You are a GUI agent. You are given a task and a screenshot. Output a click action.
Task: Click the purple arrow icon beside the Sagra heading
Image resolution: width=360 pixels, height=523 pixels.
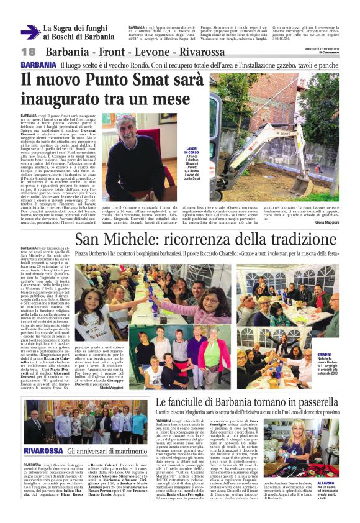pyautogui.click(x=30, y=33)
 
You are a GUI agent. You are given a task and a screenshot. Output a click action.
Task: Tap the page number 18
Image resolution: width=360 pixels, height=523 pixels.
pyautogui.click(x=28, y=52)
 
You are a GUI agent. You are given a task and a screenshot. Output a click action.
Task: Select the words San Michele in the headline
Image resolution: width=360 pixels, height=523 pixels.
pyautogui.click(x=114, y=240)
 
